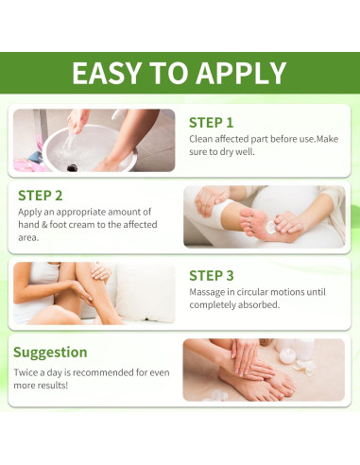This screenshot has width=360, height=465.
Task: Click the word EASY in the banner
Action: tap(106, 73)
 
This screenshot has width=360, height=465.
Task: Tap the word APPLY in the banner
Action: tap(241, 73)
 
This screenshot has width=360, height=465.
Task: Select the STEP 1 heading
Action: tap(211, 123)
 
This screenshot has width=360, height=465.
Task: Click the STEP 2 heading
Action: tap(41, 196)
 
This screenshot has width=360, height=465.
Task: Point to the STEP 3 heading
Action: tap(212, 275)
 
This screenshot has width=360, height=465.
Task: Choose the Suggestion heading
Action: tap(50, 353)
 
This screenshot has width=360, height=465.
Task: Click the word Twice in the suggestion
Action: tap(25, 372)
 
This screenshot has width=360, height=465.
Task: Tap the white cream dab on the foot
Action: tap(270, 227)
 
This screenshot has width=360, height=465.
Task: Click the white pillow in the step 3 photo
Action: tap(145, 292)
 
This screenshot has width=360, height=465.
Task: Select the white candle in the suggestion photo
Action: tap(286, 356)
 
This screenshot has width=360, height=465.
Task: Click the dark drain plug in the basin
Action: tap(72, 168)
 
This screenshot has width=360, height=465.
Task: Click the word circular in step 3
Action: tap(253, 292)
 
